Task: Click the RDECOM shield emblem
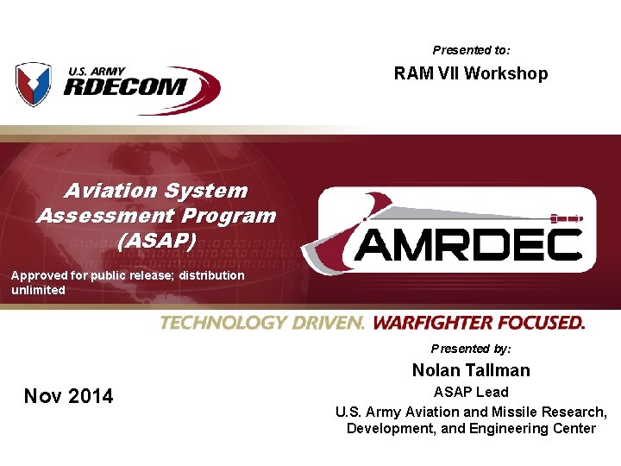(x=34, y=85)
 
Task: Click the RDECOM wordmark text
(x=125, y=87)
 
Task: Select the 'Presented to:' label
(x=471, y=50)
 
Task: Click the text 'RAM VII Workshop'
(x=471, y=73)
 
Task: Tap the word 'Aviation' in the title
(x=107, y=191)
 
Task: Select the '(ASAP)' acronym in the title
(x=156, y=240)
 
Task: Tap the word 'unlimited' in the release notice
(x=38, y=291)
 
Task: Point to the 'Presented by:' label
(x=471, y=349)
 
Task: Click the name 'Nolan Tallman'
(x=471, y=370)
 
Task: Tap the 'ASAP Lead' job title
(x=471, y=393)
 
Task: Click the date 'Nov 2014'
(x=69, y=396)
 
